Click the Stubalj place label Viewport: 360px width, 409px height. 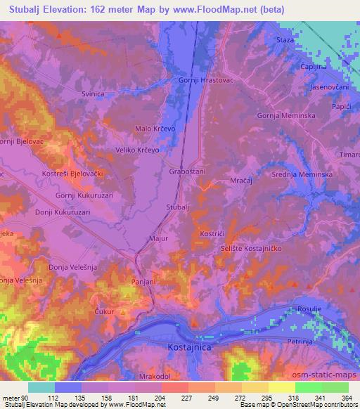tap(179, 208)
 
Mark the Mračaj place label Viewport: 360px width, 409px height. tap(242, 181)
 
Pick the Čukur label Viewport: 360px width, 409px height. tap(103, 310)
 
